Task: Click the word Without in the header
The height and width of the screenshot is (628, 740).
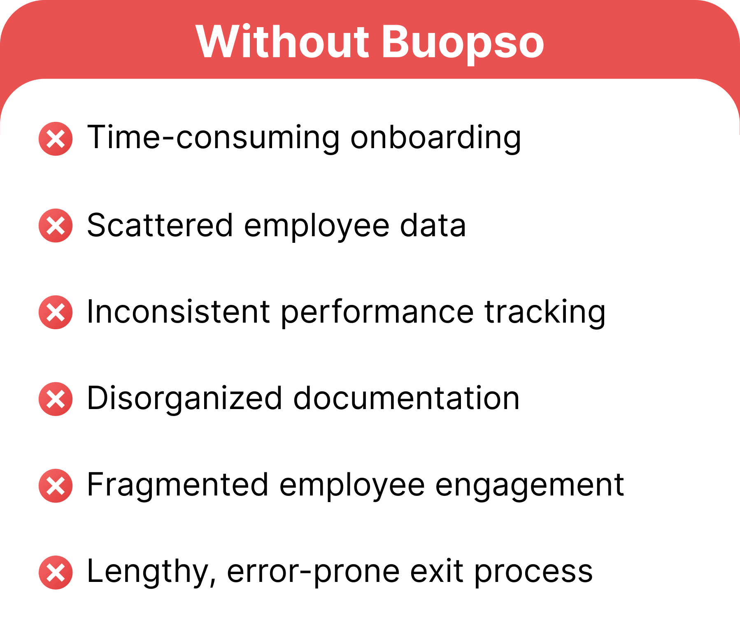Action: coord(282,42)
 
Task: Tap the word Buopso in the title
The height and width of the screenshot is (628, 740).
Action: coord(463,44)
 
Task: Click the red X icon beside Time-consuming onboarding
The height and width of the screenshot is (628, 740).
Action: coord(56,139)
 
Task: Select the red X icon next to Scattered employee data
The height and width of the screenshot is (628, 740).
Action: coord(56,226)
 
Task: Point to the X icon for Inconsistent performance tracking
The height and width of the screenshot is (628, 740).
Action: coord(56,312)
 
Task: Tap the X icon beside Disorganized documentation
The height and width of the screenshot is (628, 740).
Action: coord(56,399)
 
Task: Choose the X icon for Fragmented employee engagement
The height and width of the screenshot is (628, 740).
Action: coord(56,486)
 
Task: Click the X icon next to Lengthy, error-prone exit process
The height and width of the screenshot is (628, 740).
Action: coord(56,572)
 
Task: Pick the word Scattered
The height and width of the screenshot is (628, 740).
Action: coord(161,226)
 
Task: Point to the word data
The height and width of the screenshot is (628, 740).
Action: coord(433,226)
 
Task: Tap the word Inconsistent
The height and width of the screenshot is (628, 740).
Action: coord(179,312)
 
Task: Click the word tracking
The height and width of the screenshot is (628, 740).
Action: coord(545,313)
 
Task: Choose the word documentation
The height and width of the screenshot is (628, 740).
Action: coord(407,398)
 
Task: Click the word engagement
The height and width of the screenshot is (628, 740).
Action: coord(530,486)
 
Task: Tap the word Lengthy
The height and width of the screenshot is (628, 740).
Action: coord(151,572)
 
